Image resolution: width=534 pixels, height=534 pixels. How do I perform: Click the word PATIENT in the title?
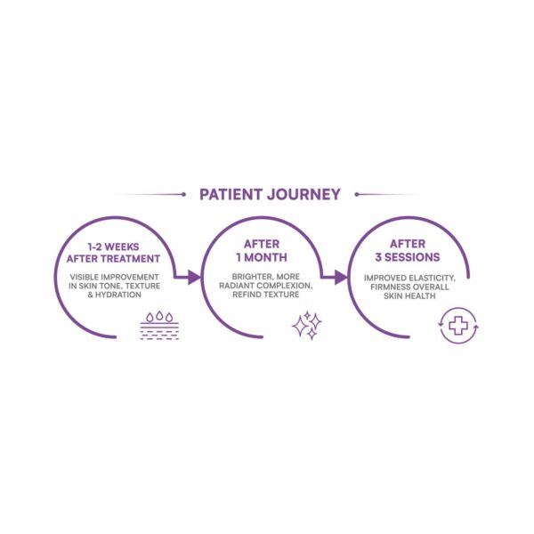(231, 194)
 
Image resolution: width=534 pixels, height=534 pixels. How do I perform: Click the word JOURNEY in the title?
(303, 194)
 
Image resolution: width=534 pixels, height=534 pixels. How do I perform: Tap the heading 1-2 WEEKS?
(113, 247)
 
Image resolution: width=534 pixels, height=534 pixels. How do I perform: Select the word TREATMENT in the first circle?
(135, 259)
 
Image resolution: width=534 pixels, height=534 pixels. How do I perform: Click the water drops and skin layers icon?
(159, 325)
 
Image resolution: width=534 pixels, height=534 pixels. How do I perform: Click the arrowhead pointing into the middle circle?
(195, 277)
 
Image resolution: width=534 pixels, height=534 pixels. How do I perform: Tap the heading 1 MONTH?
(262, 257)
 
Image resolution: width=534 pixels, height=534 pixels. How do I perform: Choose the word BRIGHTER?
(253, 277)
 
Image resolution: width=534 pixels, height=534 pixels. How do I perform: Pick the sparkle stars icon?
(307, 325)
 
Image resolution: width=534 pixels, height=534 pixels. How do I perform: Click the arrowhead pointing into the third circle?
(341, 277)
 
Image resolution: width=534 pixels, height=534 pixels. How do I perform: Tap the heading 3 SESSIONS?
(408, 257)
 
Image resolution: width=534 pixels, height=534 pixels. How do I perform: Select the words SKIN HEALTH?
(409, 296)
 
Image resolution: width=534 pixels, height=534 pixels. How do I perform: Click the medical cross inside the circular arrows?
(458, 326)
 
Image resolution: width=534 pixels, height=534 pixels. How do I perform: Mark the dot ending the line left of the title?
(184, 194)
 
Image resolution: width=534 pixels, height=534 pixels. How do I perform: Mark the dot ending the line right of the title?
(357, 194)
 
